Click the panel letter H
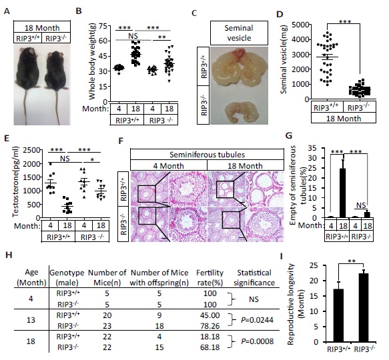[9, 255]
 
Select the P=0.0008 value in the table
[258, 341]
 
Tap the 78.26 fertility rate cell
[210, 326]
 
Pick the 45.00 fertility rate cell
[210, 315]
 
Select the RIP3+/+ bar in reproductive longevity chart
[338, 315]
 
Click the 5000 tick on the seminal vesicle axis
[300, 25]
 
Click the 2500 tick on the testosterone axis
[31, 150]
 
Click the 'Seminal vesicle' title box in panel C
[239, 33]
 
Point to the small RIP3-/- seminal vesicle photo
[242, 111]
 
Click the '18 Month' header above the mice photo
[42, 27]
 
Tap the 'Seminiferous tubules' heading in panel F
[207, 155]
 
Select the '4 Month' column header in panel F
[168, 165]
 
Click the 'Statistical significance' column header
[254, 278]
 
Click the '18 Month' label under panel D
[344, 118]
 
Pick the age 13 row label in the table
[31, 320]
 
